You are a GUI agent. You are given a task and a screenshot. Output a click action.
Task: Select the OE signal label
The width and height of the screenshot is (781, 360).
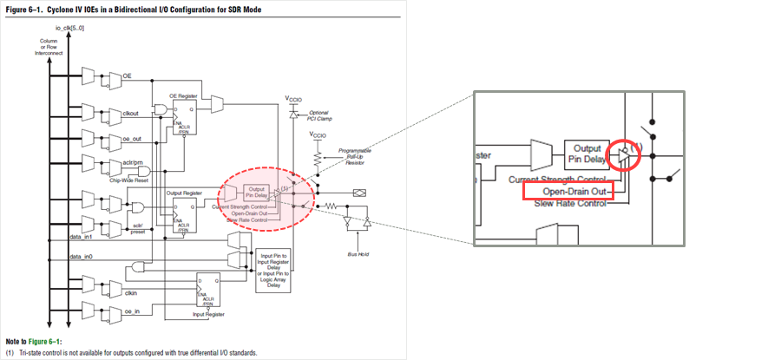[x=127, y=75]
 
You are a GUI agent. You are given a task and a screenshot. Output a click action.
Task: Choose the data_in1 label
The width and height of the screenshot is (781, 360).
[x=81, y=235]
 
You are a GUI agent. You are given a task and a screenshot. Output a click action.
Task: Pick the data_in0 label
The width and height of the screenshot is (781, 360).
[x=81, y=257]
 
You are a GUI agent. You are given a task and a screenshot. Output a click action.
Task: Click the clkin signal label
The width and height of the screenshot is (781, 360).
[x=131, y=292]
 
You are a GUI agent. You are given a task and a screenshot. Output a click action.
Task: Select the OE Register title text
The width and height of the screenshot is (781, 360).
[x=184, y=94]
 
